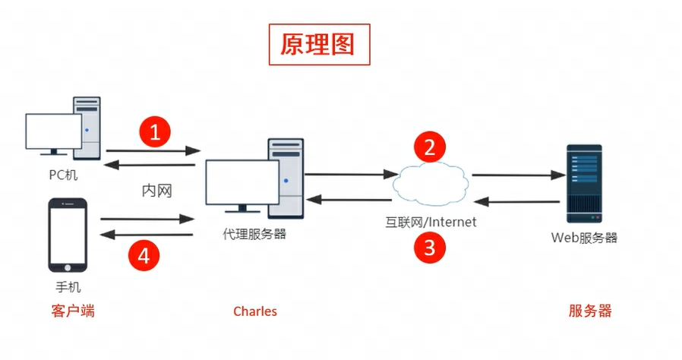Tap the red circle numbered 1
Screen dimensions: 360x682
click(x=155, y=134)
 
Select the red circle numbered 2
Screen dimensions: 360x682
click(x=429, y=147)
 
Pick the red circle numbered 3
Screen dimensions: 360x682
click(x=429, y=248)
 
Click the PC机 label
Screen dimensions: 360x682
click(x=62, y=175)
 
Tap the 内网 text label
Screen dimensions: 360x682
click(x=157, y=191)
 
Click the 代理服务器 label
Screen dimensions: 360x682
click(x=254, y=234)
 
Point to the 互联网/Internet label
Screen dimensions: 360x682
click(x=429, y=222)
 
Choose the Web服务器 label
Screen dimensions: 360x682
click(x=584, y=238)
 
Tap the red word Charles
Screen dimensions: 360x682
click(x=255, y=311)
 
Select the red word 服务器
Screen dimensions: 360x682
click(x=590, y=311)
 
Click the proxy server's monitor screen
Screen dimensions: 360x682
click(x=238, y=182)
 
